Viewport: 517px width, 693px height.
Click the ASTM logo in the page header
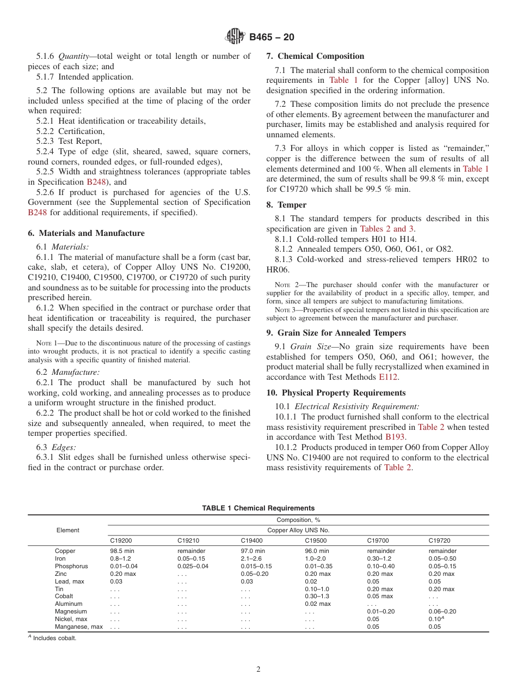[236, 37]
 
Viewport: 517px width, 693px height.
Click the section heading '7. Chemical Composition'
[315, 56]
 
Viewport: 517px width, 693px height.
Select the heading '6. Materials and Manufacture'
[86, 233]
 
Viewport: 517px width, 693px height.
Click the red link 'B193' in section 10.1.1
[395, 437]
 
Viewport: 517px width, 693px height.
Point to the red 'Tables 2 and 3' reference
[387, 229]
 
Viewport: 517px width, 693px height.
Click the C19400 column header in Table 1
[251, 541]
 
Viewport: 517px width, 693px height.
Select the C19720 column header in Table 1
[439, 541]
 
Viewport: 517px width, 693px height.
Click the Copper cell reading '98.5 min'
[122, 551]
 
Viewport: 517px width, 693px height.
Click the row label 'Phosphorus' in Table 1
[69, 566]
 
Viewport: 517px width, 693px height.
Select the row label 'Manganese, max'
[78, 627]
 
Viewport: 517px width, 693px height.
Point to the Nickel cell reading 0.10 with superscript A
[436, 619]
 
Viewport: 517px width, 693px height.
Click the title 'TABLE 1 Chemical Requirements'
[258, 508]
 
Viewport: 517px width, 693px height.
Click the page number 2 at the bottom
[258, 670]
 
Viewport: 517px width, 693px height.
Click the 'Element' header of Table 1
[67, 530]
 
